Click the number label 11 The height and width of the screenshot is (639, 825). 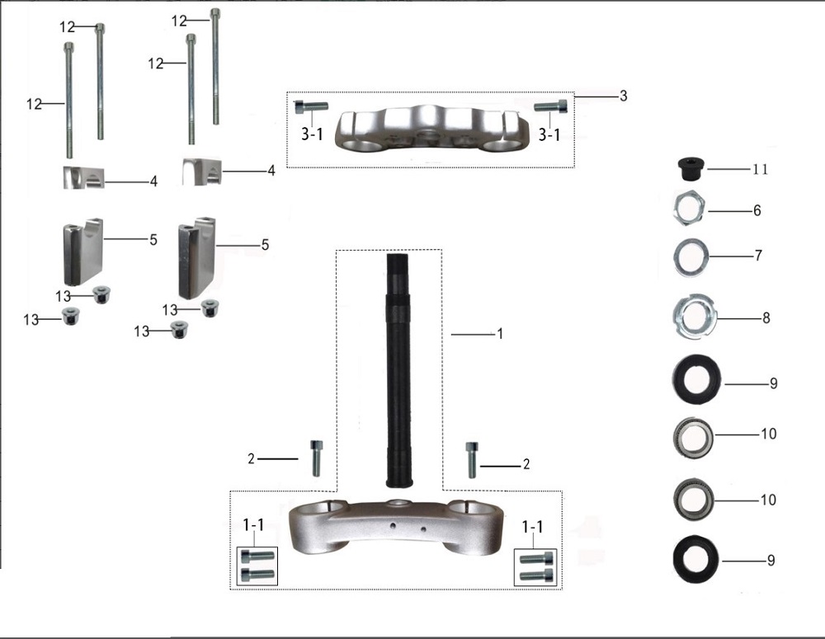[761, 169]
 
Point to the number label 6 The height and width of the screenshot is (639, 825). [757, 210]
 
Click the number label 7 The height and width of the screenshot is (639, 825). [758, 256]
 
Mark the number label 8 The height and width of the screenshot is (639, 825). [766, 317]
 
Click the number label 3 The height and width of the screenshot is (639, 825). [624, 96]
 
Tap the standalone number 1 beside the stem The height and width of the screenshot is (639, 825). [500, 334]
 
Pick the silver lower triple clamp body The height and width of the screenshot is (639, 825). [394, 528]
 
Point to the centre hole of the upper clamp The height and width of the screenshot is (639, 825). [430, 139]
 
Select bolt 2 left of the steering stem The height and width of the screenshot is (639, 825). [316, 458]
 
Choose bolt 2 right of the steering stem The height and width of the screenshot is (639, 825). [471, 460]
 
